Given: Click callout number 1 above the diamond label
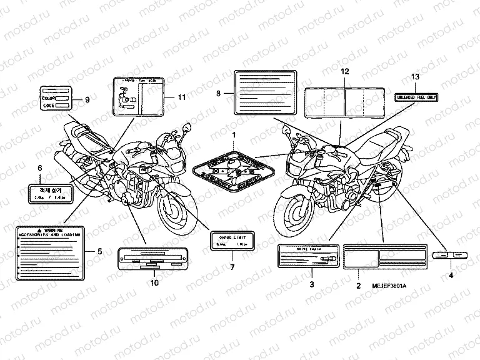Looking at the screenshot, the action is [235, 135].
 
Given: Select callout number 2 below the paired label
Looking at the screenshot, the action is [357, 285].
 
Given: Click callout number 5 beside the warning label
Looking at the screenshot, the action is [99, 251].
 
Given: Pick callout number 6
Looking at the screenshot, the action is [40, 168].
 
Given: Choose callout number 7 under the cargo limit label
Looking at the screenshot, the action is [232, 267].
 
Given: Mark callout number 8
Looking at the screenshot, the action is [218, 94].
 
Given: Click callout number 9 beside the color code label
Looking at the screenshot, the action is [87, 99].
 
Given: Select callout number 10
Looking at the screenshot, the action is [154, 282].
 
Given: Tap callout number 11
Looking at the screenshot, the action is [182, 97].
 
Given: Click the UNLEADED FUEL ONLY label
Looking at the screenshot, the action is [415, 96].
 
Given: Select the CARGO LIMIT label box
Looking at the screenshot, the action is [232, 241].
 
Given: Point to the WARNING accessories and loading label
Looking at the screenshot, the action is [51, 252].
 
